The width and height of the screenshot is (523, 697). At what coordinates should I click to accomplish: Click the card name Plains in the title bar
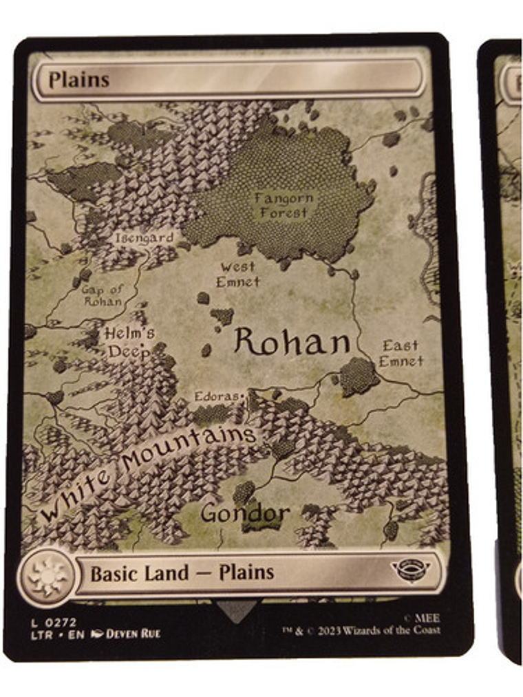(79, 80)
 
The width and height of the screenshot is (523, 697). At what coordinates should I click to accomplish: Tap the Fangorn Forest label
(284, 205)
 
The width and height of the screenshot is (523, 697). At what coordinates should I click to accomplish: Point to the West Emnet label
(238, 274)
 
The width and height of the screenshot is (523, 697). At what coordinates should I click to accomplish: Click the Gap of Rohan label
(103, 295)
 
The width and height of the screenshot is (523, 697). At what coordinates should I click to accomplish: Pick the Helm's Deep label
(130, 342)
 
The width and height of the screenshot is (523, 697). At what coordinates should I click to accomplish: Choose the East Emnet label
(401, 353)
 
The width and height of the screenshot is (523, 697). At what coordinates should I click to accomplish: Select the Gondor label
(245, 513)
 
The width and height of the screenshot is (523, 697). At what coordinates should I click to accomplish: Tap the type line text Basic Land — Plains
(182, 572)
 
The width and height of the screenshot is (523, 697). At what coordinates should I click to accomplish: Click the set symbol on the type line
(410, 570)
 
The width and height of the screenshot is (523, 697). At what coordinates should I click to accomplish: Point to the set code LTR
(39, 633)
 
